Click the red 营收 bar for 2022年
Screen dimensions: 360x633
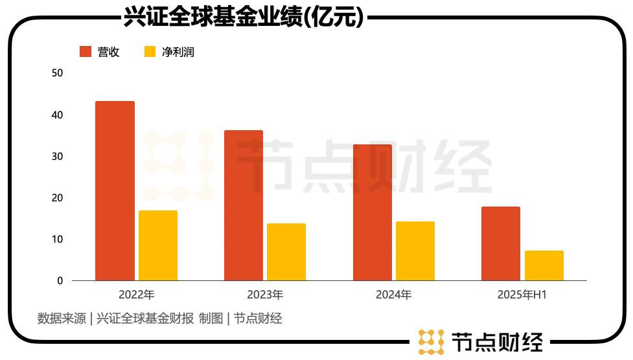[x=115, y=191]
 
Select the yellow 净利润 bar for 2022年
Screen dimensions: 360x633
[x=158, y=245]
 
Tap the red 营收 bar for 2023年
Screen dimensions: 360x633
[x=244, y=205]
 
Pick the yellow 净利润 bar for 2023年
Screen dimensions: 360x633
[x=286, y=252]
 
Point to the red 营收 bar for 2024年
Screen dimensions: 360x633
[x=373, y=212]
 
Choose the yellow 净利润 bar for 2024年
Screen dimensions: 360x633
[x=415, y=251]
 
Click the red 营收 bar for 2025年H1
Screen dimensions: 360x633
[x=501, y=243]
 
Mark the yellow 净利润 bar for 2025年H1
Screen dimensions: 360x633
[x=544, y=265]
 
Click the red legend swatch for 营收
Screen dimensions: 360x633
[x=86, y=52]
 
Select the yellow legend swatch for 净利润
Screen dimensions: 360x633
[x=150, y=52]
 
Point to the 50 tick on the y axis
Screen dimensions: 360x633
[x=57, y=73]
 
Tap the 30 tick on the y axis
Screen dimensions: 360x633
[x=57, y=156]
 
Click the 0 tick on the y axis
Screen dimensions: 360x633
[x=60, y=281]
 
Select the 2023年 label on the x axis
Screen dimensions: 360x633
[x=265, y=295]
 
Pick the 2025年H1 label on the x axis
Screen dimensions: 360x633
[x=522, y=295]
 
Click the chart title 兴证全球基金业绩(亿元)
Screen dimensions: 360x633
[x=244, y=17]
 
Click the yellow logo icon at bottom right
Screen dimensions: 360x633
[x=430, y=342]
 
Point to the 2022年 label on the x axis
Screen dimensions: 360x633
[x=137, y=295]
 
